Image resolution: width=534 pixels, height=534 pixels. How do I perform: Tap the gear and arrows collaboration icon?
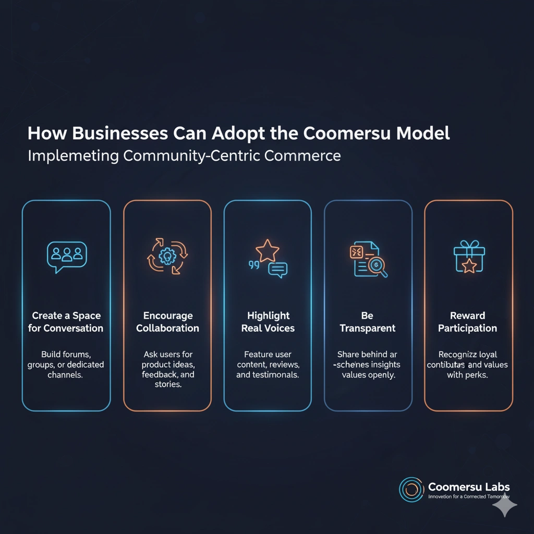(x=167, y=256)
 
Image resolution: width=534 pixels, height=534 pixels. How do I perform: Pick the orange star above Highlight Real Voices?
(x=268, y=250)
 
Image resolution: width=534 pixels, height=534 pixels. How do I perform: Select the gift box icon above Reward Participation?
(x=468, y=257)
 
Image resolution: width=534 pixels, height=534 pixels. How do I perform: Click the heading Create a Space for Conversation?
(x=67, y=322)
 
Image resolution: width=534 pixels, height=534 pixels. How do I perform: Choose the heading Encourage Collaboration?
(x=167, y=322)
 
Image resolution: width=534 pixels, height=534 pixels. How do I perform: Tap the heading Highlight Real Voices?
(x=268, y=322)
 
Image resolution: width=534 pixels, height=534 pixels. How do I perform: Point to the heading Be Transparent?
(x=368, y=322)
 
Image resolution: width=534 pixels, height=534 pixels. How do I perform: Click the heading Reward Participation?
(x=467, y=322)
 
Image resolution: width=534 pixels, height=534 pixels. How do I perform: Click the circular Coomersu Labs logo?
(x=411, y=489)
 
